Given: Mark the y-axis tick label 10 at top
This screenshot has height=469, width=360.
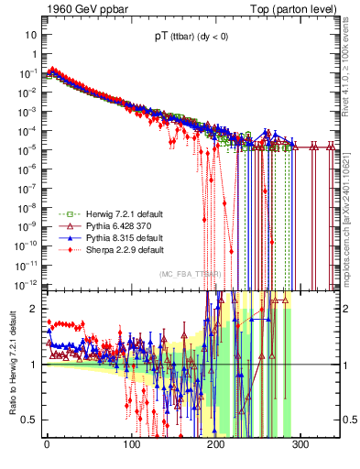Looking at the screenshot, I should [x=30, y=34].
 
